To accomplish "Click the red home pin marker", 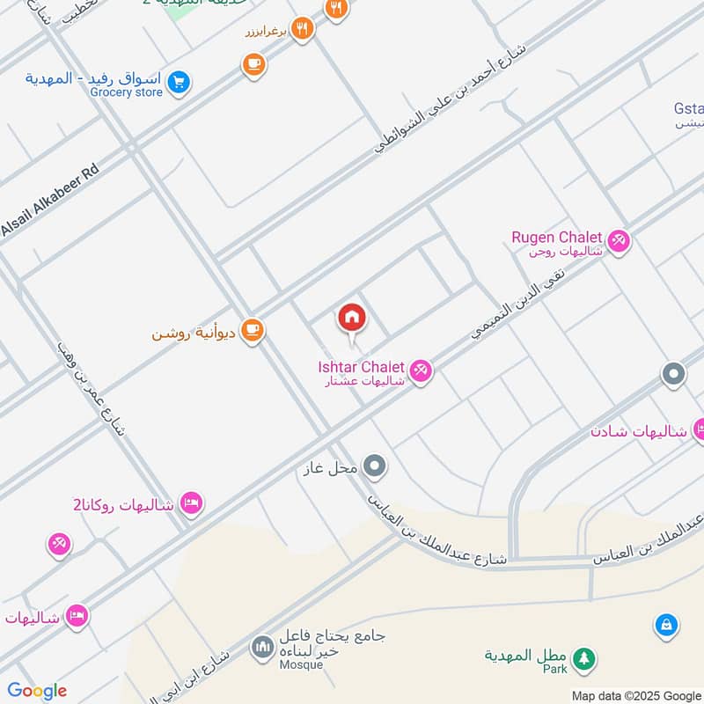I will click(x=352, y=319).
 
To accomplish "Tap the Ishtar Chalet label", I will click(x=361, y=366).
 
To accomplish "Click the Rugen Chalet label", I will click(x=557, y=238).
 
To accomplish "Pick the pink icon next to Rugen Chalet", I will click(x=619, y=241).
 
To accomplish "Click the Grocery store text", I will click(x=127, y=92).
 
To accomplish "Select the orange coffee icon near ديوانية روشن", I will click(x=253, y=330).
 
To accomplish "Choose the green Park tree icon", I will click(x=583, y=657).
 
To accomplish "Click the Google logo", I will click(x=37, y=690).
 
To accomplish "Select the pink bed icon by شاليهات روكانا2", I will click(x=191, y=503).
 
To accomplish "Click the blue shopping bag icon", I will click(x=666, y=626).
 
